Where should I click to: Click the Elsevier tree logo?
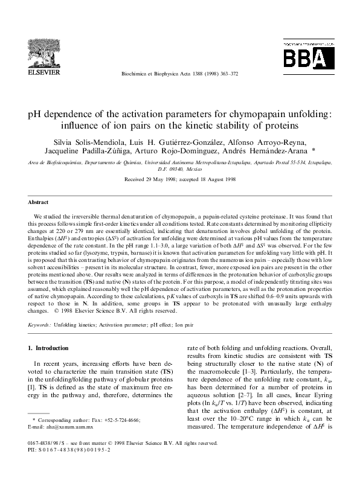(x=44, y=53)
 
